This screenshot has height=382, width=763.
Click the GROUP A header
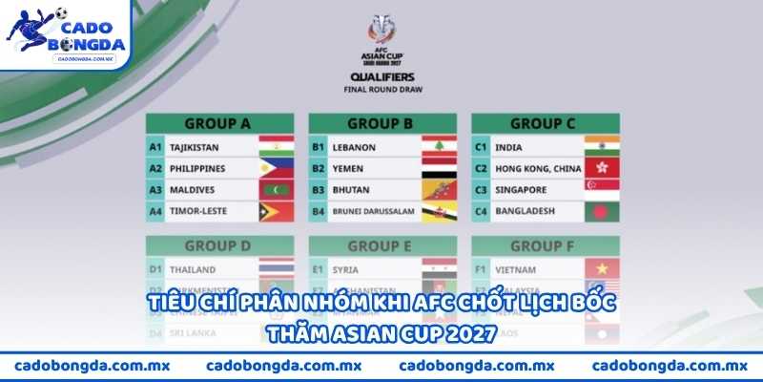tap(217, 123)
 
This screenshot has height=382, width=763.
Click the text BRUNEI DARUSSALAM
tap(372, 211)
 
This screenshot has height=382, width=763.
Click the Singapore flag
tap(603, 190)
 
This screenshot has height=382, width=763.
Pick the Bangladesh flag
tap(603, 211)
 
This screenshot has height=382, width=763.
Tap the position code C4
tap(482, 211)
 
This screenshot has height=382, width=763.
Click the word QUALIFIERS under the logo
tap(381, 77)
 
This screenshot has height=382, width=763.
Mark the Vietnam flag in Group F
tap(603, 269)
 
